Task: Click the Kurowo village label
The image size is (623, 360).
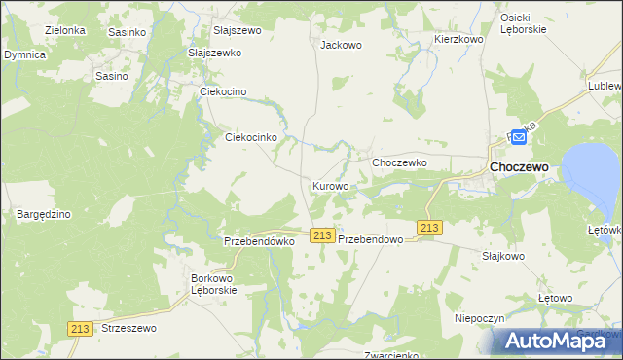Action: click(330, 185)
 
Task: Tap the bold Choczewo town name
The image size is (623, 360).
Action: click(519, 167)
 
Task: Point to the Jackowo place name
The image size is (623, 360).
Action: click(341, 45)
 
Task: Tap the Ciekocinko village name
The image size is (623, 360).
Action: click(252, 138)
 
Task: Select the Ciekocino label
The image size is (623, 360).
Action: click(225, 91)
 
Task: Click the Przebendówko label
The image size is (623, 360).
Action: click(259, 240)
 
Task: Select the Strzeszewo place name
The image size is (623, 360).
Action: click(128, 329)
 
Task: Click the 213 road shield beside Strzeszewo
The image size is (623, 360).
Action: click(82, 329)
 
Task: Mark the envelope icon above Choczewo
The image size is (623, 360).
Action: click(519, 138)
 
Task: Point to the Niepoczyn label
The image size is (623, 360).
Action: click(478, 318)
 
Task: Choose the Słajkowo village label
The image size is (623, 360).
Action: click(503, 256)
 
